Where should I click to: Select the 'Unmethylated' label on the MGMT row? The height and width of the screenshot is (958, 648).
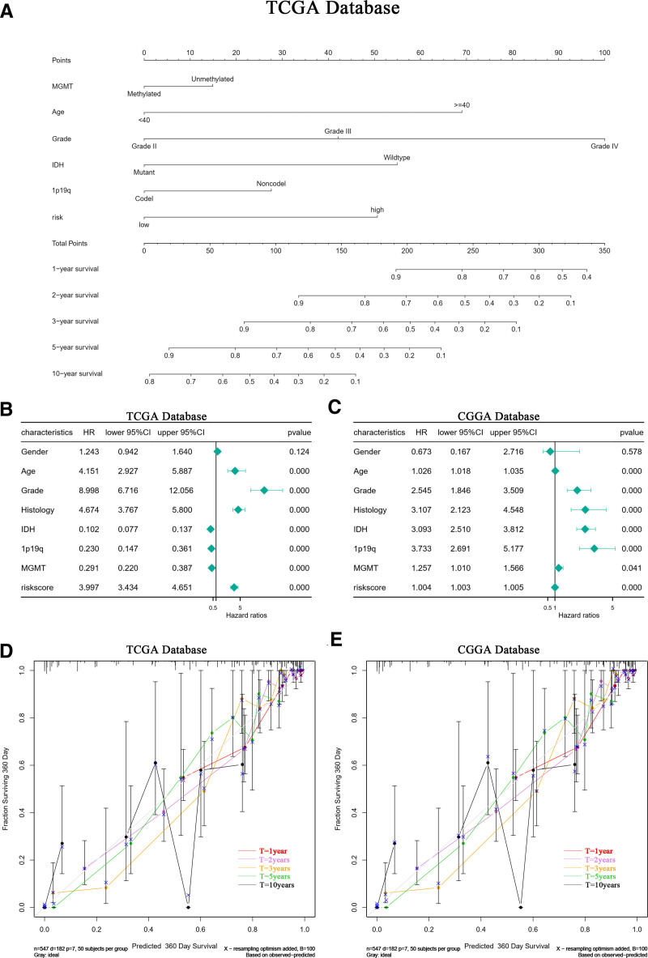click(x=211, y=79)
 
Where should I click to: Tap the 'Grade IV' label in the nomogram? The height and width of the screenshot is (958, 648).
click(x=603, y=146)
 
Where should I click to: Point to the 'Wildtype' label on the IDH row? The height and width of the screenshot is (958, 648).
click(x=397, y=157)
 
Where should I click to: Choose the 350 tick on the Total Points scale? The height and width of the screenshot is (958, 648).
click(x=604, y=251)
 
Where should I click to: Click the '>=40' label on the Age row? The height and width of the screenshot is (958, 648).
click(x=462, y=104)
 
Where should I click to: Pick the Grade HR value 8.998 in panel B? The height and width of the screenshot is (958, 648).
click(x=88, y=488)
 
